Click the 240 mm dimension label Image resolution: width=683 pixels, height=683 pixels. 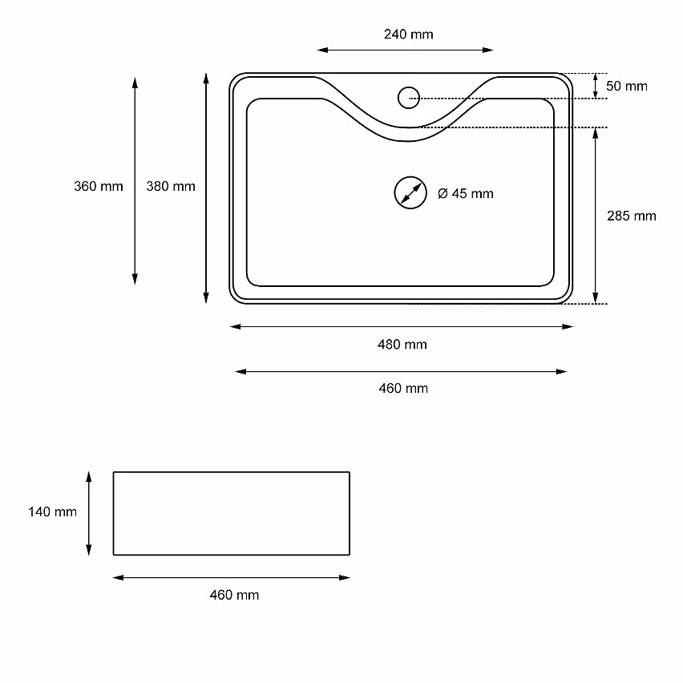(x=409, y=34)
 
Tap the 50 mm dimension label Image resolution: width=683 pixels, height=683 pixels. (x=626, y=86)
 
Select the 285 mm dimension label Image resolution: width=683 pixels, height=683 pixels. (x=631, y=216)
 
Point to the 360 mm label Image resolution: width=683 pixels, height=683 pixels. (x=99, y=186)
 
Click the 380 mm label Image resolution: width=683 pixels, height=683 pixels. (x=171, y=186)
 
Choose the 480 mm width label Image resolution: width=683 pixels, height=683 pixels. (x=402, y=344)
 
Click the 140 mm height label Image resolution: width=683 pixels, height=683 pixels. (x=52, y=511)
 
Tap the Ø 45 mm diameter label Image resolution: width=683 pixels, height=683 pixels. (x=466, y=193)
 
